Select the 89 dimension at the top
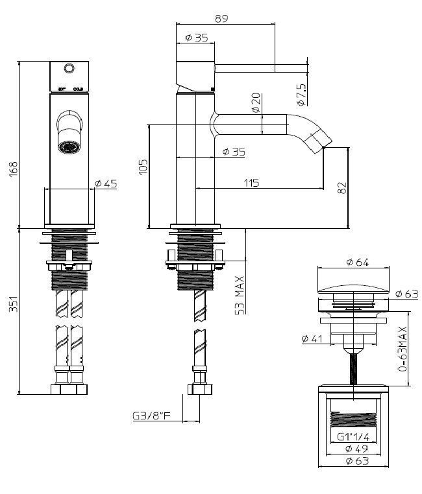coord(221,19)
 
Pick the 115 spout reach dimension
coord(251,183)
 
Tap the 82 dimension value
coord(343,187)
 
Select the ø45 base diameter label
coord(106,184)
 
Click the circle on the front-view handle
coord(69,67)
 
